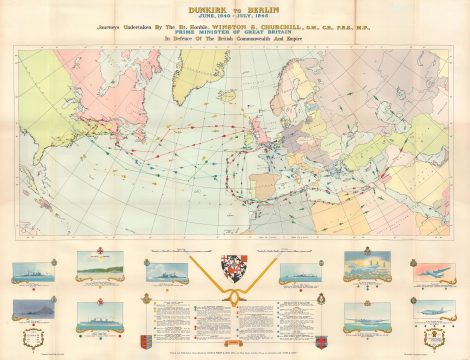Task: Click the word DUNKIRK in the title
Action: [x=208, y=10]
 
